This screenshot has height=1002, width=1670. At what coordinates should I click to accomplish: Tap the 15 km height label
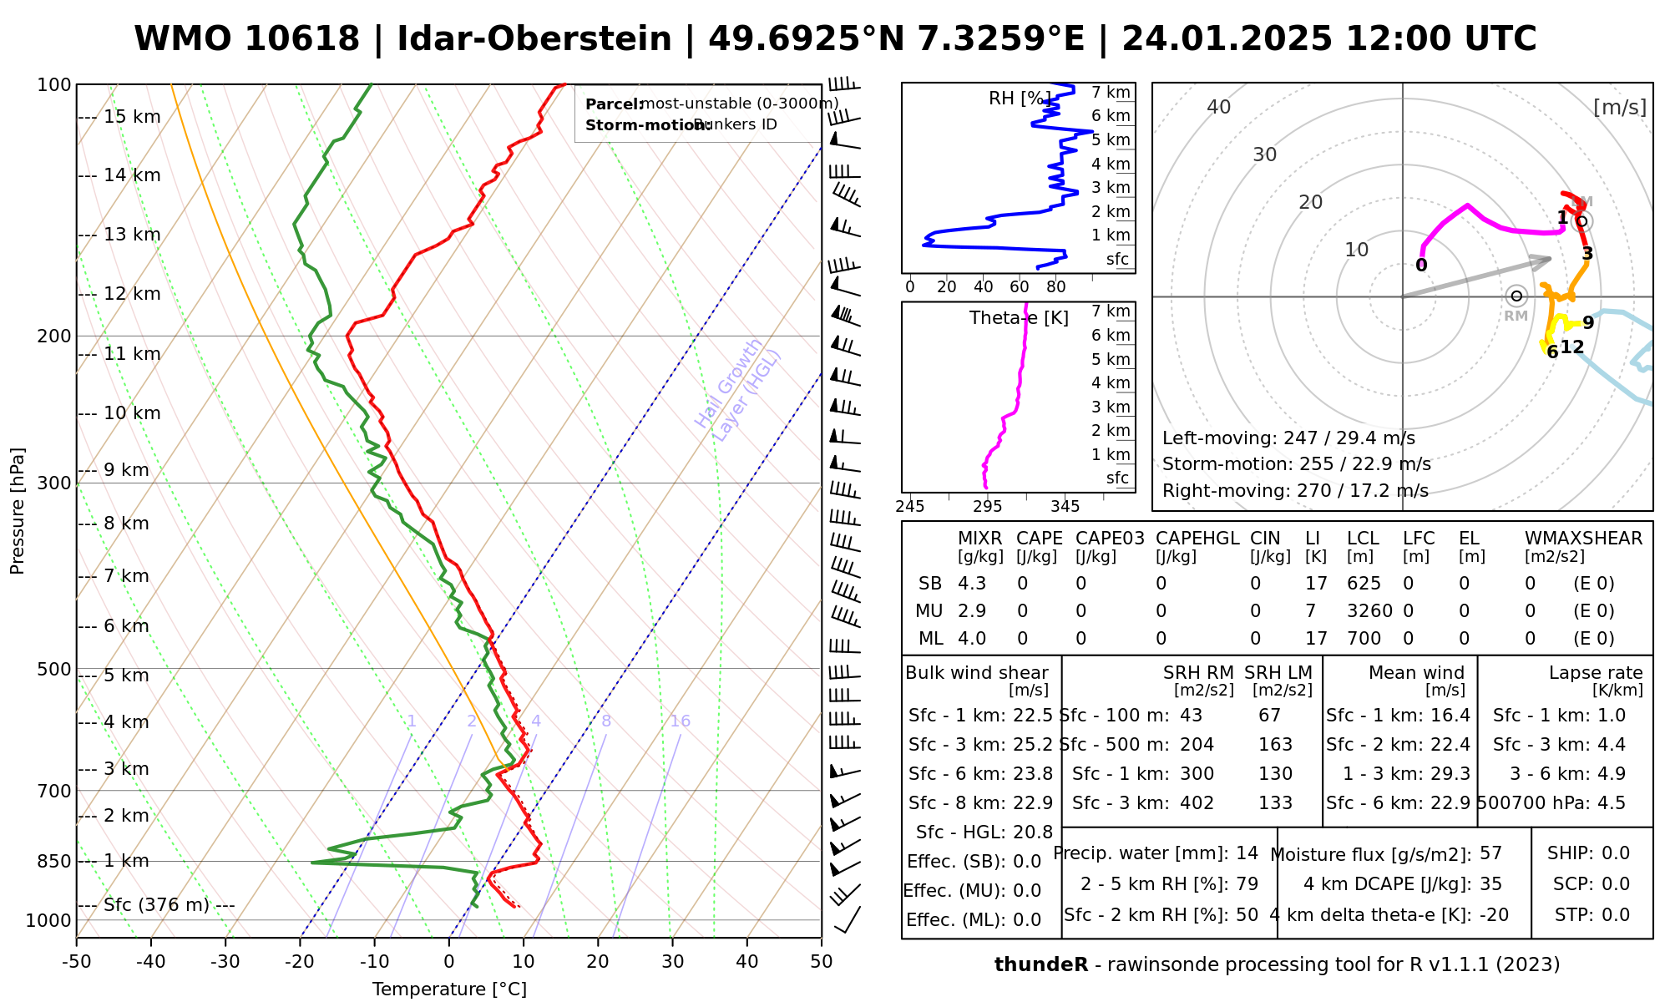[x=132, y=117]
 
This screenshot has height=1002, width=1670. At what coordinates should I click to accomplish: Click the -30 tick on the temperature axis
[x=225, y=962]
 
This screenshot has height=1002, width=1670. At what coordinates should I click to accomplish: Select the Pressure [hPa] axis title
[x=18, y=511]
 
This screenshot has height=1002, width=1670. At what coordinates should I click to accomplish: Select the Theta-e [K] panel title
[x=1019, y=318]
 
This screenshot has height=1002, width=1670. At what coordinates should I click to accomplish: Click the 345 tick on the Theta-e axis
[x=1065, y=507]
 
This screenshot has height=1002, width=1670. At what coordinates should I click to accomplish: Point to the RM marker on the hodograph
[x=1516, y=296]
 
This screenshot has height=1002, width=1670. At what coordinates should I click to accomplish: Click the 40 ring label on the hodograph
[x=1219, y=107]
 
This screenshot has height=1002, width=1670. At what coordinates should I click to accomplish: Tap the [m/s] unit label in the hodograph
[x=1620, y=107]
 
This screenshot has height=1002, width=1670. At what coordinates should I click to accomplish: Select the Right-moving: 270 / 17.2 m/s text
[x=1295, y=491]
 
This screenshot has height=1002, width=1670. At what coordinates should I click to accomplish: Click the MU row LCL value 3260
[x=1369, y=611]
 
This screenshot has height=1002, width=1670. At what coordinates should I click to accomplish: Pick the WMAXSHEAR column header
[x=1583, y=539]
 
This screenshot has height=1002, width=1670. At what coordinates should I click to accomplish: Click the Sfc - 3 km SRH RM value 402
[x=1197, y=803]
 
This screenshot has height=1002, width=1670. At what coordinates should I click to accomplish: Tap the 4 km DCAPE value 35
[x=1491, y=884]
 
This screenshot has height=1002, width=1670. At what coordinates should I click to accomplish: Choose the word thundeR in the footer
[x=1041, y=965]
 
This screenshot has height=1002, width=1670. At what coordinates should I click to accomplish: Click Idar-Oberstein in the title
[x=534, y=39]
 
